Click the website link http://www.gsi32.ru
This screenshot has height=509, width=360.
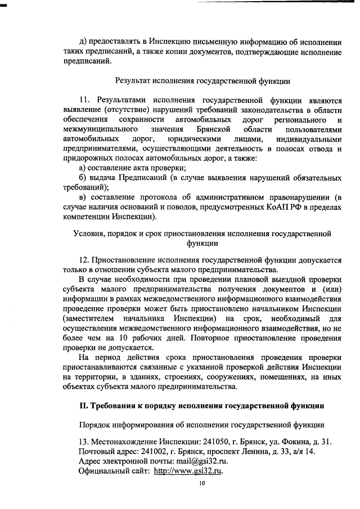188,471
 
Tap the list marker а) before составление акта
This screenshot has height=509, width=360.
82,168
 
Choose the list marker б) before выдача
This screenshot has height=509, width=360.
82,178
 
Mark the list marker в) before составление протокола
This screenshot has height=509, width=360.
82,197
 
